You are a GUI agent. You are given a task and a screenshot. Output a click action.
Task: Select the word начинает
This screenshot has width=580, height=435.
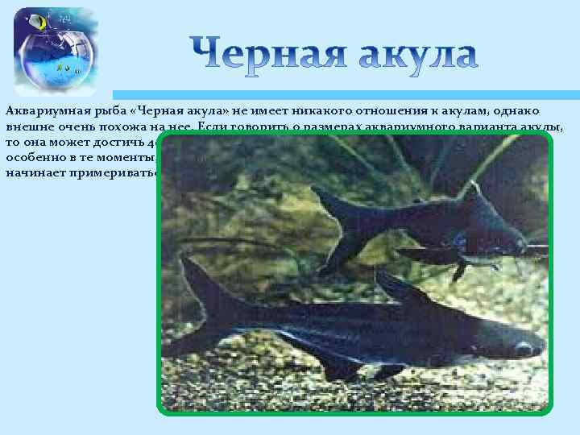tap(32, 172)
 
